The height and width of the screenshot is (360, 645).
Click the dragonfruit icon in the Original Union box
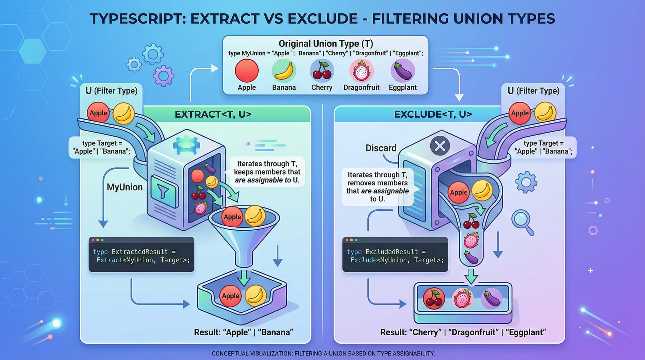coord(362,71)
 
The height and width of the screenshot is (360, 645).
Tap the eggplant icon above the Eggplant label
coord(402,71)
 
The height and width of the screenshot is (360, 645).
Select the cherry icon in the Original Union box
coord(322,71)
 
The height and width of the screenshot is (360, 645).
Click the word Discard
coord(381,148)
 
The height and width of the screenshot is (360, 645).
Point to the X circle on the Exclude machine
coord(440,145)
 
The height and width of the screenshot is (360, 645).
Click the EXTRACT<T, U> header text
coord(213,114)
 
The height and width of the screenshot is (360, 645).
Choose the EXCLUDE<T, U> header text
coord(433,114)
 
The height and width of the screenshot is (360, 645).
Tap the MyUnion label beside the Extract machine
coord(124,187)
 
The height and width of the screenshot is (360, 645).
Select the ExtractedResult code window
coord(141,255)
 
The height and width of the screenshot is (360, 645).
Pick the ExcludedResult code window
coord(395,255)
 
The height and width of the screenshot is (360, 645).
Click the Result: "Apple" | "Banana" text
coord(243,332)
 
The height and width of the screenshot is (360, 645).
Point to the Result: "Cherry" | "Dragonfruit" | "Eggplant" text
coord(463,332)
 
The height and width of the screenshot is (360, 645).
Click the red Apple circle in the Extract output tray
coord(231,296)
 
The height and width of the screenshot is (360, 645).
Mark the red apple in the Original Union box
coord(247,71)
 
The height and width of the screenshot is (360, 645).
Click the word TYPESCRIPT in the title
coord(137,19)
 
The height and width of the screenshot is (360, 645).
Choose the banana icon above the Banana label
coord(284,71)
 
